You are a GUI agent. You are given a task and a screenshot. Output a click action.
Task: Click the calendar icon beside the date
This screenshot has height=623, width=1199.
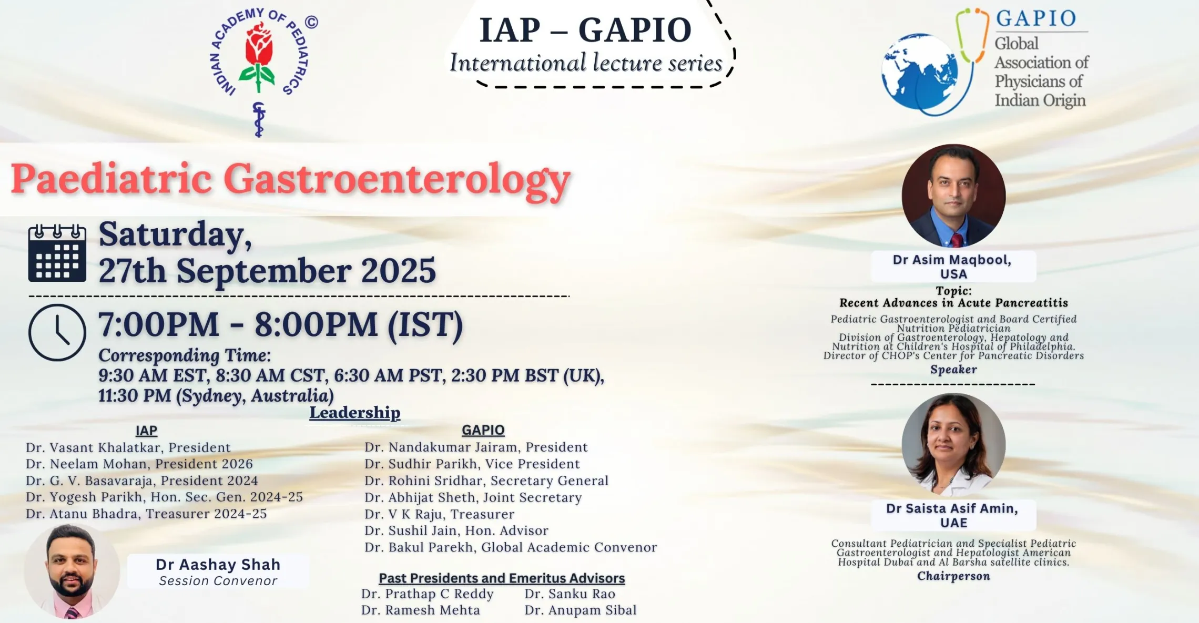pos(57,253)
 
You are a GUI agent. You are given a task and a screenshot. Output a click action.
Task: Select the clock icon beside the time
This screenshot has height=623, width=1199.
pos(57,332)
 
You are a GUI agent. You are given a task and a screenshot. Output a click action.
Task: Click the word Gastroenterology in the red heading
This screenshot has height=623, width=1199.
pos(398,180)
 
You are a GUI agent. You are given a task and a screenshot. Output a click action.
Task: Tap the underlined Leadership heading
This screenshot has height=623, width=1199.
pos(355,413)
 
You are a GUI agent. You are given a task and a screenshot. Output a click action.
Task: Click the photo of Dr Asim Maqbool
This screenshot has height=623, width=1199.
pos(953,196)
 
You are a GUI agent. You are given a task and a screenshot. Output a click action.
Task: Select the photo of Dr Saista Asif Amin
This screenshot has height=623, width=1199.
pos(953,445)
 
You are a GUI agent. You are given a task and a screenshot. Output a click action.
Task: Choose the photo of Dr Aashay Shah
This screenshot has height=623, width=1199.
pos(72,572)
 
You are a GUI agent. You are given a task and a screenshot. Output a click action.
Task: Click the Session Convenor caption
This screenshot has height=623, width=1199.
pos(218,581)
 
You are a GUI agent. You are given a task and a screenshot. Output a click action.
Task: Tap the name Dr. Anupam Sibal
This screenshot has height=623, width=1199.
pos(581,610)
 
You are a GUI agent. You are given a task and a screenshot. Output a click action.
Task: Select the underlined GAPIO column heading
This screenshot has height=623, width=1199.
pos(483,430)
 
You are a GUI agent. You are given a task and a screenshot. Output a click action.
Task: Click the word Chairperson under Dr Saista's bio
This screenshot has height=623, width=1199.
pos(953,576)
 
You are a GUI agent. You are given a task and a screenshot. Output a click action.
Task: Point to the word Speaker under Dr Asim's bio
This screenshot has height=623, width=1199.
pos(953,370)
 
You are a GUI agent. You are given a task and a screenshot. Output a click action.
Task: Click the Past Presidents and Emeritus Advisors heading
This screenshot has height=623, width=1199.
pos(502,578)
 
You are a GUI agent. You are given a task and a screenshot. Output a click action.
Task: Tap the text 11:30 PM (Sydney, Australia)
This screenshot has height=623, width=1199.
pos(216,395)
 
